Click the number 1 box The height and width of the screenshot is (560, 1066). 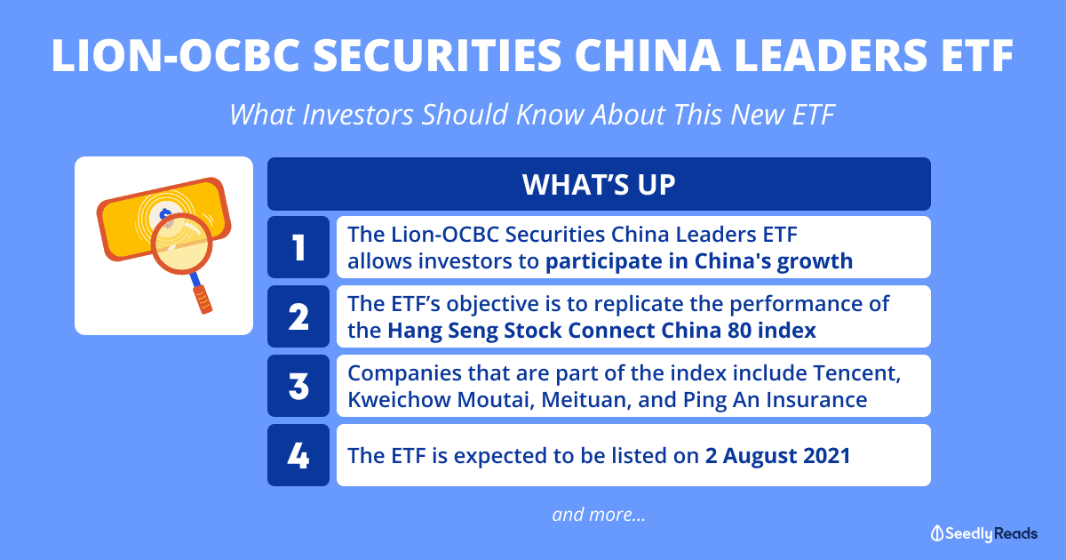298,247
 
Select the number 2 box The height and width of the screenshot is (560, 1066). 298,316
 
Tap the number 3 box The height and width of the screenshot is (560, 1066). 298,386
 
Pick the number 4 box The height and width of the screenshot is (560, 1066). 298,455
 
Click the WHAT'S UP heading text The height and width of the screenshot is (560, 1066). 599,184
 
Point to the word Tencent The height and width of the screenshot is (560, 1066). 856,373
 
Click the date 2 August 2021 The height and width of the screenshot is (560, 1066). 777,456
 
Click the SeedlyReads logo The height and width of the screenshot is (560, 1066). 984,534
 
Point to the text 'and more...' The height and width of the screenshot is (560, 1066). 599,515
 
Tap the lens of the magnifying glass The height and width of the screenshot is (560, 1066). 181,244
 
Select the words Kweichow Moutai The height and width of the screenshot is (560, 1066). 438,399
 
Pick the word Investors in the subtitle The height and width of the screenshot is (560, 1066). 358,115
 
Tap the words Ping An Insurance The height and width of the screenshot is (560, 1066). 775,400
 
